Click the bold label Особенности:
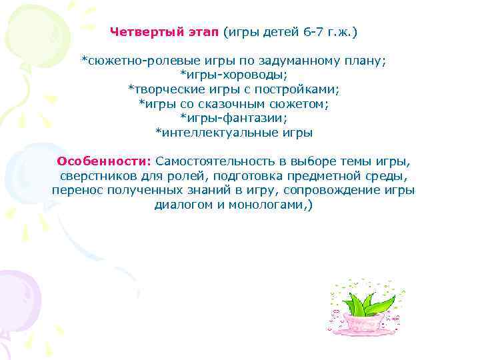105,161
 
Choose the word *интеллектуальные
209,133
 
